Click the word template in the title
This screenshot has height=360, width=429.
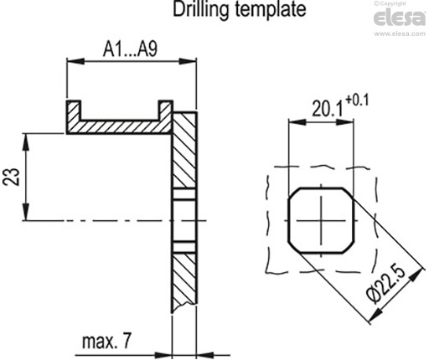tap(271, 9)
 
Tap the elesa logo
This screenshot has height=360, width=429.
tap(400, 18)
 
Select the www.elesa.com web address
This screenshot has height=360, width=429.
tap(400, 33)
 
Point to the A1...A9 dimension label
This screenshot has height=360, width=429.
tap(130, 49)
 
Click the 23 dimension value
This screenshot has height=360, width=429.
tap(12, 177)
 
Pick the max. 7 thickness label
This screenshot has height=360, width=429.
tap(106, 341)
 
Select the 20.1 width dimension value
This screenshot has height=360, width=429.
tap(327, 109)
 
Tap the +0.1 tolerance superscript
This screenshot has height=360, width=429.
tap(357, 100)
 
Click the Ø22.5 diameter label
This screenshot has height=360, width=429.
tap(386, 285)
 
